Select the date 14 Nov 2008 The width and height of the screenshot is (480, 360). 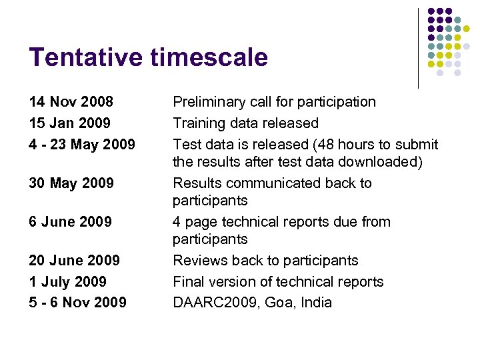pos(71,102)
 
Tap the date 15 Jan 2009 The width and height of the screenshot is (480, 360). pos(70,123)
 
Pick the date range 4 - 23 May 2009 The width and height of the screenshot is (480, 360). pos(82,145)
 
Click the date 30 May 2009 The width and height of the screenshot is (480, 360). pos(71,183)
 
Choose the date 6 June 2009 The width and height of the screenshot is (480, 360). pos(71,222)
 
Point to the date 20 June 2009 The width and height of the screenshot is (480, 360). pos(75,261)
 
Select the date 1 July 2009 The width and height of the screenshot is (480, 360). pos(68,282)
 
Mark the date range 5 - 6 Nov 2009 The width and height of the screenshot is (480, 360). pos(78,303)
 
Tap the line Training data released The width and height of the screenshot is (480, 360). pos(246,123)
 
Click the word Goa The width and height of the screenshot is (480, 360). pos(279,303)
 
